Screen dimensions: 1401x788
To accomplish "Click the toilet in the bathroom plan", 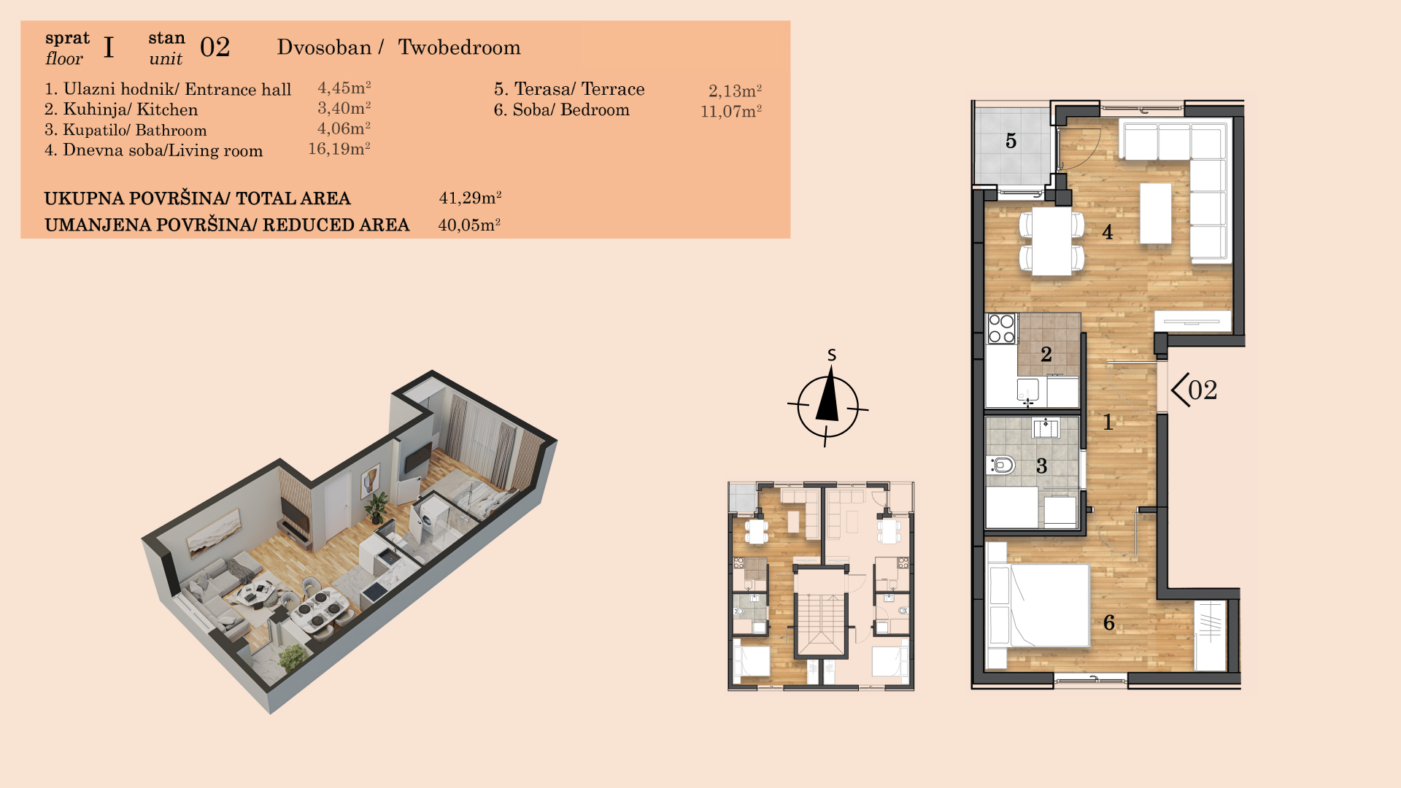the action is point(1002,465).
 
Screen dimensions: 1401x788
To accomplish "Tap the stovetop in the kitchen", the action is point(1001,328).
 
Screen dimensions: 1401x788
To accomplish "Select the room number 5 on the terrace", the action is point(1011,141).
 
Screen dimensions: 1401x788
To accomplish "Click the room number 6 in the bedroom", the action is point(1109,622).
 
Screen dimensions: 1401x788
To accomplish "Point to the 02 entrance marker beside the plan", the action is point(1194,390).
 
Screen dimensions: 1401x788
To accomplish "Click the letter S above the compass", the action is point(832,355).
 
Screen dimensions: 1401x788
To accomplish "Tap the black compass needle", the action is point(827,393).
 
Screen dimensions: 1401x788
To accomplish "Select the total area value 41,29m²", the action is point(470,198).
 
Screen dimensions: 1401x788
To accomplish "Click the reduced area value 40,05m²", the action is point(469,225).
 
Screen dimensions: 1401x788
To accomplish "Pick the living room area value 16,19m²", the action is point(339,149).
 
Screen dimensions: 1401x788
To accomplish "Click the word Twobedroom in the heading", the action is point(459,47).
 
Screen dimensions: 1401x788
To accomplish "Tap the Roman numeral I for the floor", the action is point(109,47).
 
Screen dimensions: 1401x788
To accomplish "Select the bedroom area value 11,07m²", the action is point(731,112).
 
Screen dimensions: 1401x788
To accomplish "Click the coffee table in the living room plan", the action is point(1156,213).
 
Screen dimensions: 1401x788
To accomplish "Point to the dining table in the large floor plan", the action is point(1052,242).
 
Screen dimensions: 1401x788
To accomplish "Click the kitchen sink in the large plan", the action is point(1028,391).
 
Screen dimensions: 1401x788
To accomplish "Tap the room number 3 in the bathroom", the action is point(1042,466).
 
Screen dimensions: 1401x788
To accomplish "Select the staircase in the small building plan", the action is point(820,625).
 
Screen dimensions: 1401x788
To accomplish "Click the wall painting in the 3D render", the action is point(215,531).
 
